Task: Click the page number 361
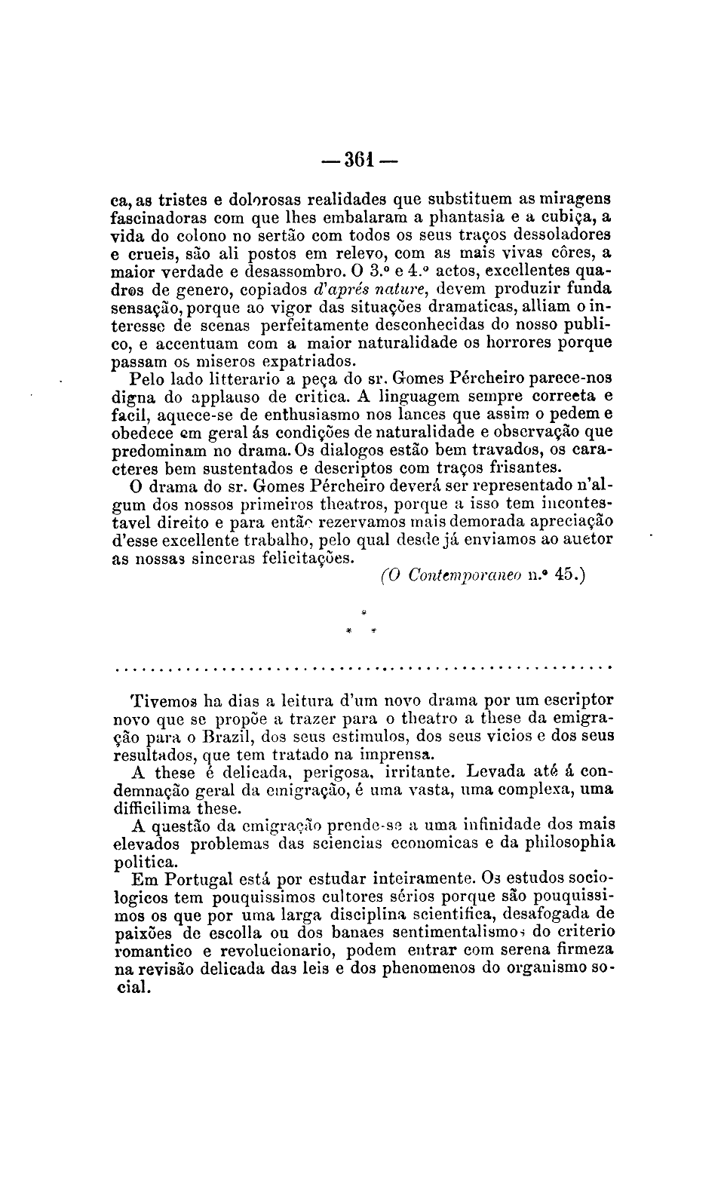point(360,161)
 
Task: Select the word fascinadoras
point(159,219)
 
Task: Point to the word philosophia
point(566,843)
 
